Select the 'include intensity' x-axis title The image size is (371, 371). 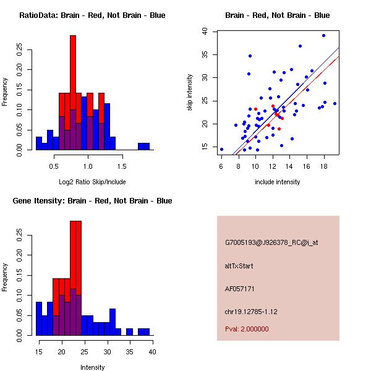click(278, 182)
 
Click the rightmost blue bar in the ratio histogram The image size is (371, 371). click(146, 147)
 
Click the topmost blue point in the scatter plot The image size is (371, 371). click(323, 35)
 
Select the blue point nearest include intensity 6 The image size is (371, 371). click(221, 149)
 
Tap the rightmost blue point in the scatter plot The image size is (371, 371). click(335, 103)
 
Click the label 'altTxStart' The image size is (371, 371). click(239, 266)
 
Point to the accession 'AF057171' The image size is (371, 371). click(240, 289)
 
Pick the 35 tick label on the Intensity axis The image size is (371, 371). click(129, 351)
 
